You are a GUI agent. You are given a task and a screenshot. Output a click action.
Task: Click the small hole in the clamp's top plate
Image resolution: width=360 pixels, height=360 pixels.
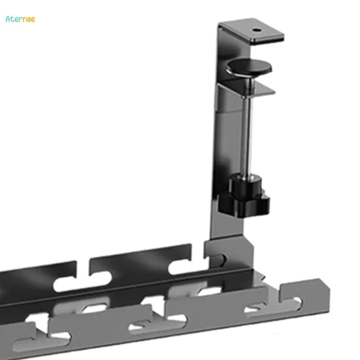tap(257, 29)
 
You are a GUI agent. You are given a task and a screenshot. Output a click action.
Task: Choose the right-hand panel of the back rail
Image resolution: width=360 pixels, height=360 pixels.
tap(140, 260)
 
